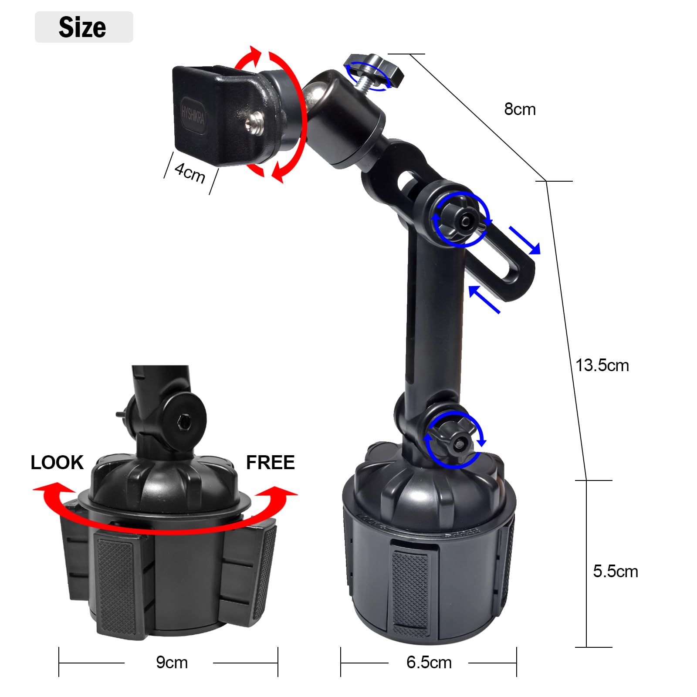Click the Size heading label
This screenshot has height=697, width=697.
point(83,27)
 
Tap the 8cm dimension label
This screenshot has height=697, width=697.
point(520,109)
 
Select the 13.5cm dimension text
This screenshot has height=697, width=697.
point(602,365)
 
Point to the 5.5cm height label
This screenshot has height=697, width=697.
point(615,572)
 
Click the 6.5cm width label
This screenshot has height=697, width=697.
point(429,663)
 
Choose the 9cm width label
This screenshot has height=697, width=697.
point(172,663)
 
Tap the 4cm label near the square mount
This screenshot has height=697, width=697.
point(190,173)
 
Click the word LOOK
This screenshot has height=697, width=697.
point(57,463)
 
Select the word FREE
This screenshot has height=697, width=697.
point(270,463)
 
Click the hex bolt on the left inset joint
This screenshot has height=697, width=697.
point(183,421)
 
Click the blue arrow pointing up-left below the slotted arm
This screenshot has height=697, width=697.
point(484,299)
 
